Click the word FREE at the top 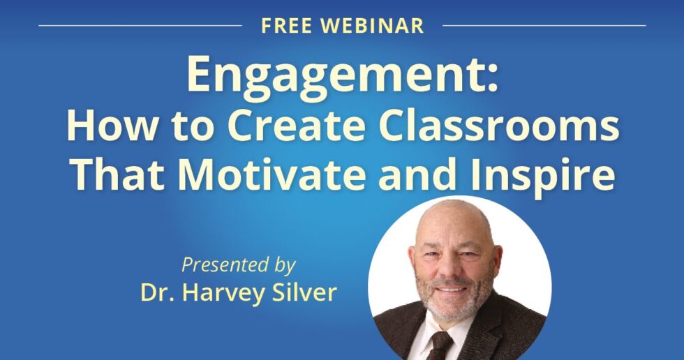tap(285, 26)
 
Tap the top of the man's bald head tap(454, 207)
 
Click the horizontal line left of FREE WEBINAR tap(140, 26)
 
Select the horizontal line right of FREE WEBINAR tap(544, 26)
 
